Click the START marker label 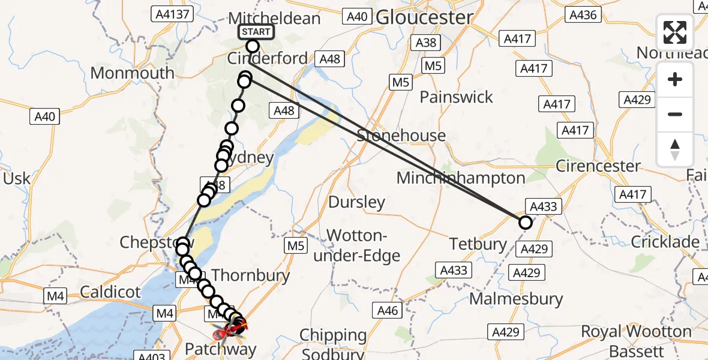[257, 32]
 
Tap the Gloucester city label [424, 17]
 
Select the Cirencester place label [598, 166]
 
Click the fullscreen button [675, 32]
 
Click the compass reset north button [675, 149]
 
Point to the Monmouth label [132, 73]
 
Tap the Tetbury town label [478, 244]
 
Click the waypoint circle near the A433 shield [525, 223]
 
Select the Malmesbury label [517, 298]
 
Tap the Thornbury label [251, 275]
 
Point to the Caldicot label [110, 293]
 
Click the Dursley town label [356, 202]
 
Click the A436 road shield [583, 15]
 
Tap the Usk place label [16, 178]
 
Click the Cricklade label [665, 242]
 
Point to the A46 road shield [388, 310]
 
